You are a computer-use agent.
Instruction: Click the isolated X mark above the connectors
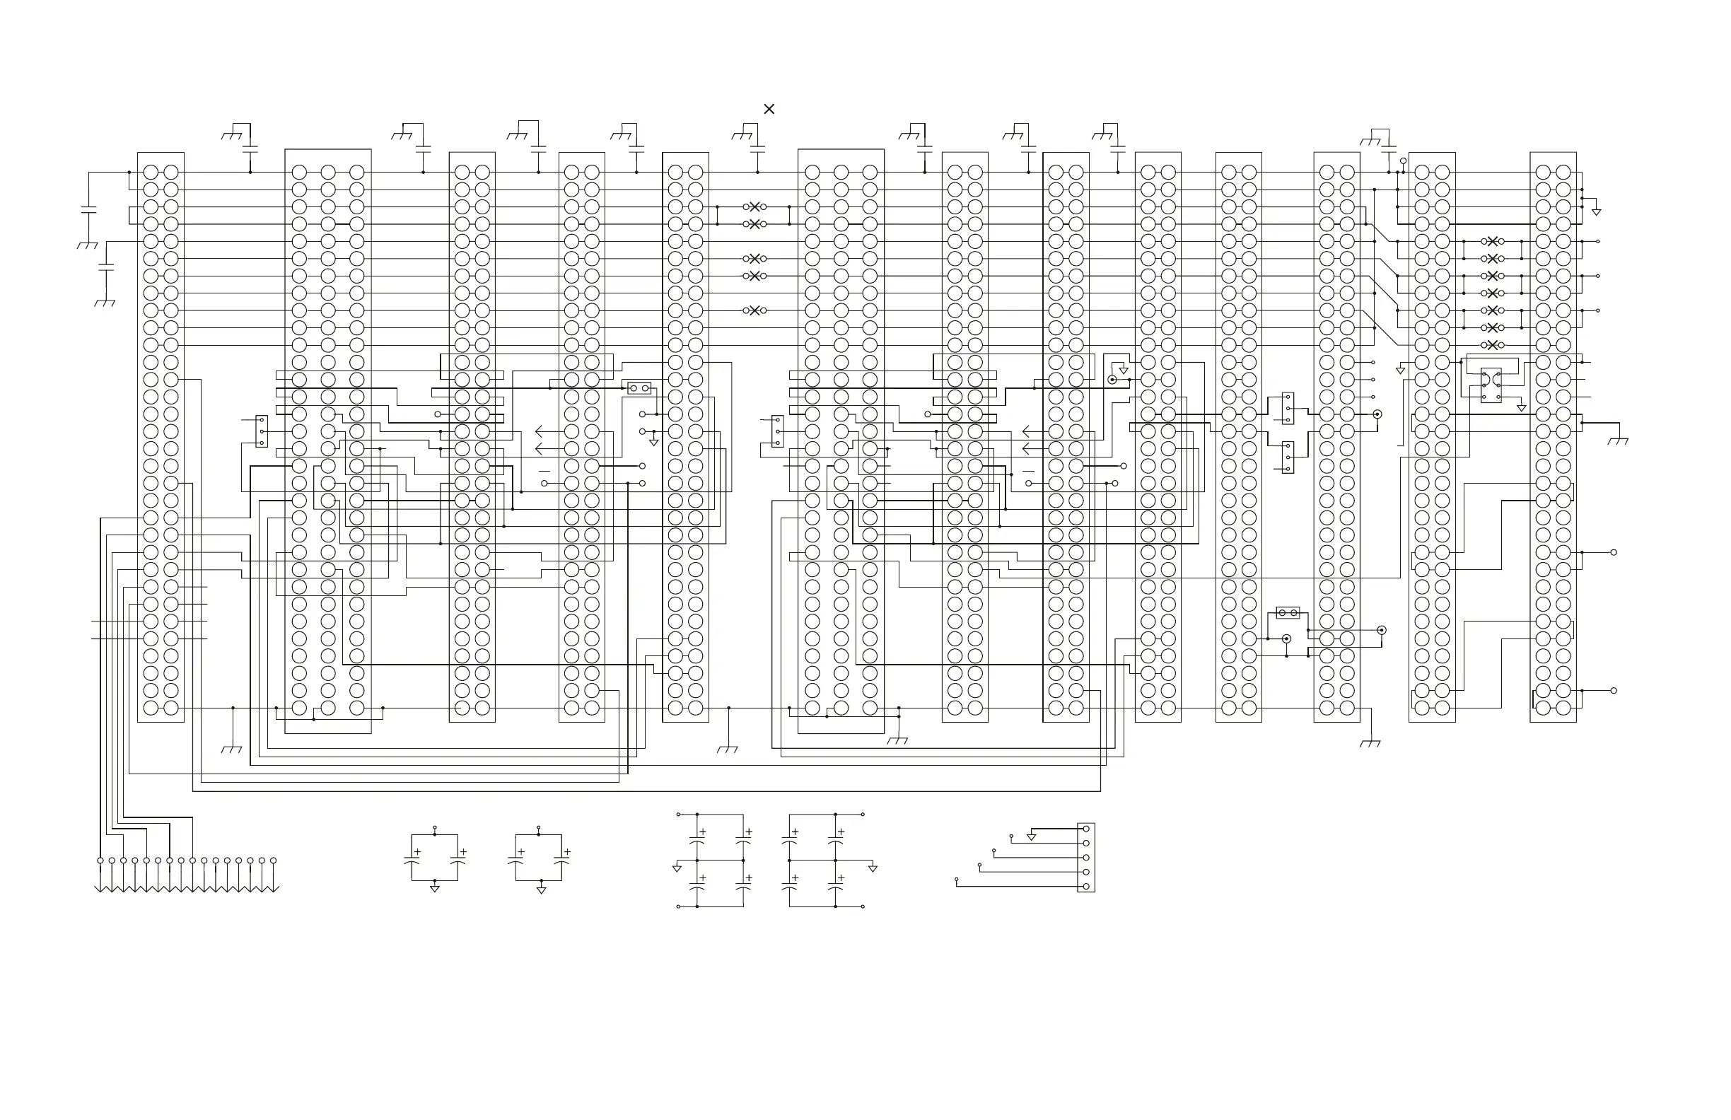coord(769,109)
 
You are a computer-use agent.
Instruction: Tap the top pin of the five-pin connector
coord(1086,829)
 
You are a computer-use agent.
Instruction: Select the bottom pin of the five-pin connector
coord(1086,887)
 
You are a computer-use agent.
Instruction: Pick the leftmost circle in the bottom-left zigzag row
coord(100,861)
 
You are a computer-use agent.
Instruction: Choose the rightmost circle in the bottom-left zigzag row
coord(274,861)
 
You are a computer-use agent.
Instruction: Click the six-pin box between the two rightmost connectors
coord(1491,385)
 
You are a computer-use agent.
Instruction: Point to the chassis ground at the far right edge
coord(1619,440)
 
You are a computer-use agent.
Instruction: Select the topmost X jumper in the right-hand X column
coord(1493,241)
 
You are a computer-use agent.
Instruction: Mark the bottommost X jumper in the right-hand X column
coord(1493,345)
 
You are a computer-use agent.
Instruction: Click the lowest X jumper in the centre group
coord(754,310)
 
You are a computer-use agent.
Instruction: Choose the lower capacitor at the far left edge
coord(106,268)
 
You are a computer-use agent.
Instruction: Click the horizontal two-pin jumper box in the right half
coord(1288,613)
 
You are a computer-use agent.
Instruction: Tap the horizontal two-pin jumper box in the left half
coord(639,388)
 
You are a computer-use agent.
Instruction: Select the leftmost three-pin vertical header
coord(262,431)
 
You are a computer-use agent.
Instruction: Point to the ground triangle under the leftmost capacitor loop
coord(435,889)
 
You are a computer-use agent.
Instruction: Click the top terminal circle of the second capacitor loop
coord(539,828)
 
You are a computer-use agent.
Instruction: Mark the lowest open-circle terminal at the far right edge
coord(1614,690)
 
